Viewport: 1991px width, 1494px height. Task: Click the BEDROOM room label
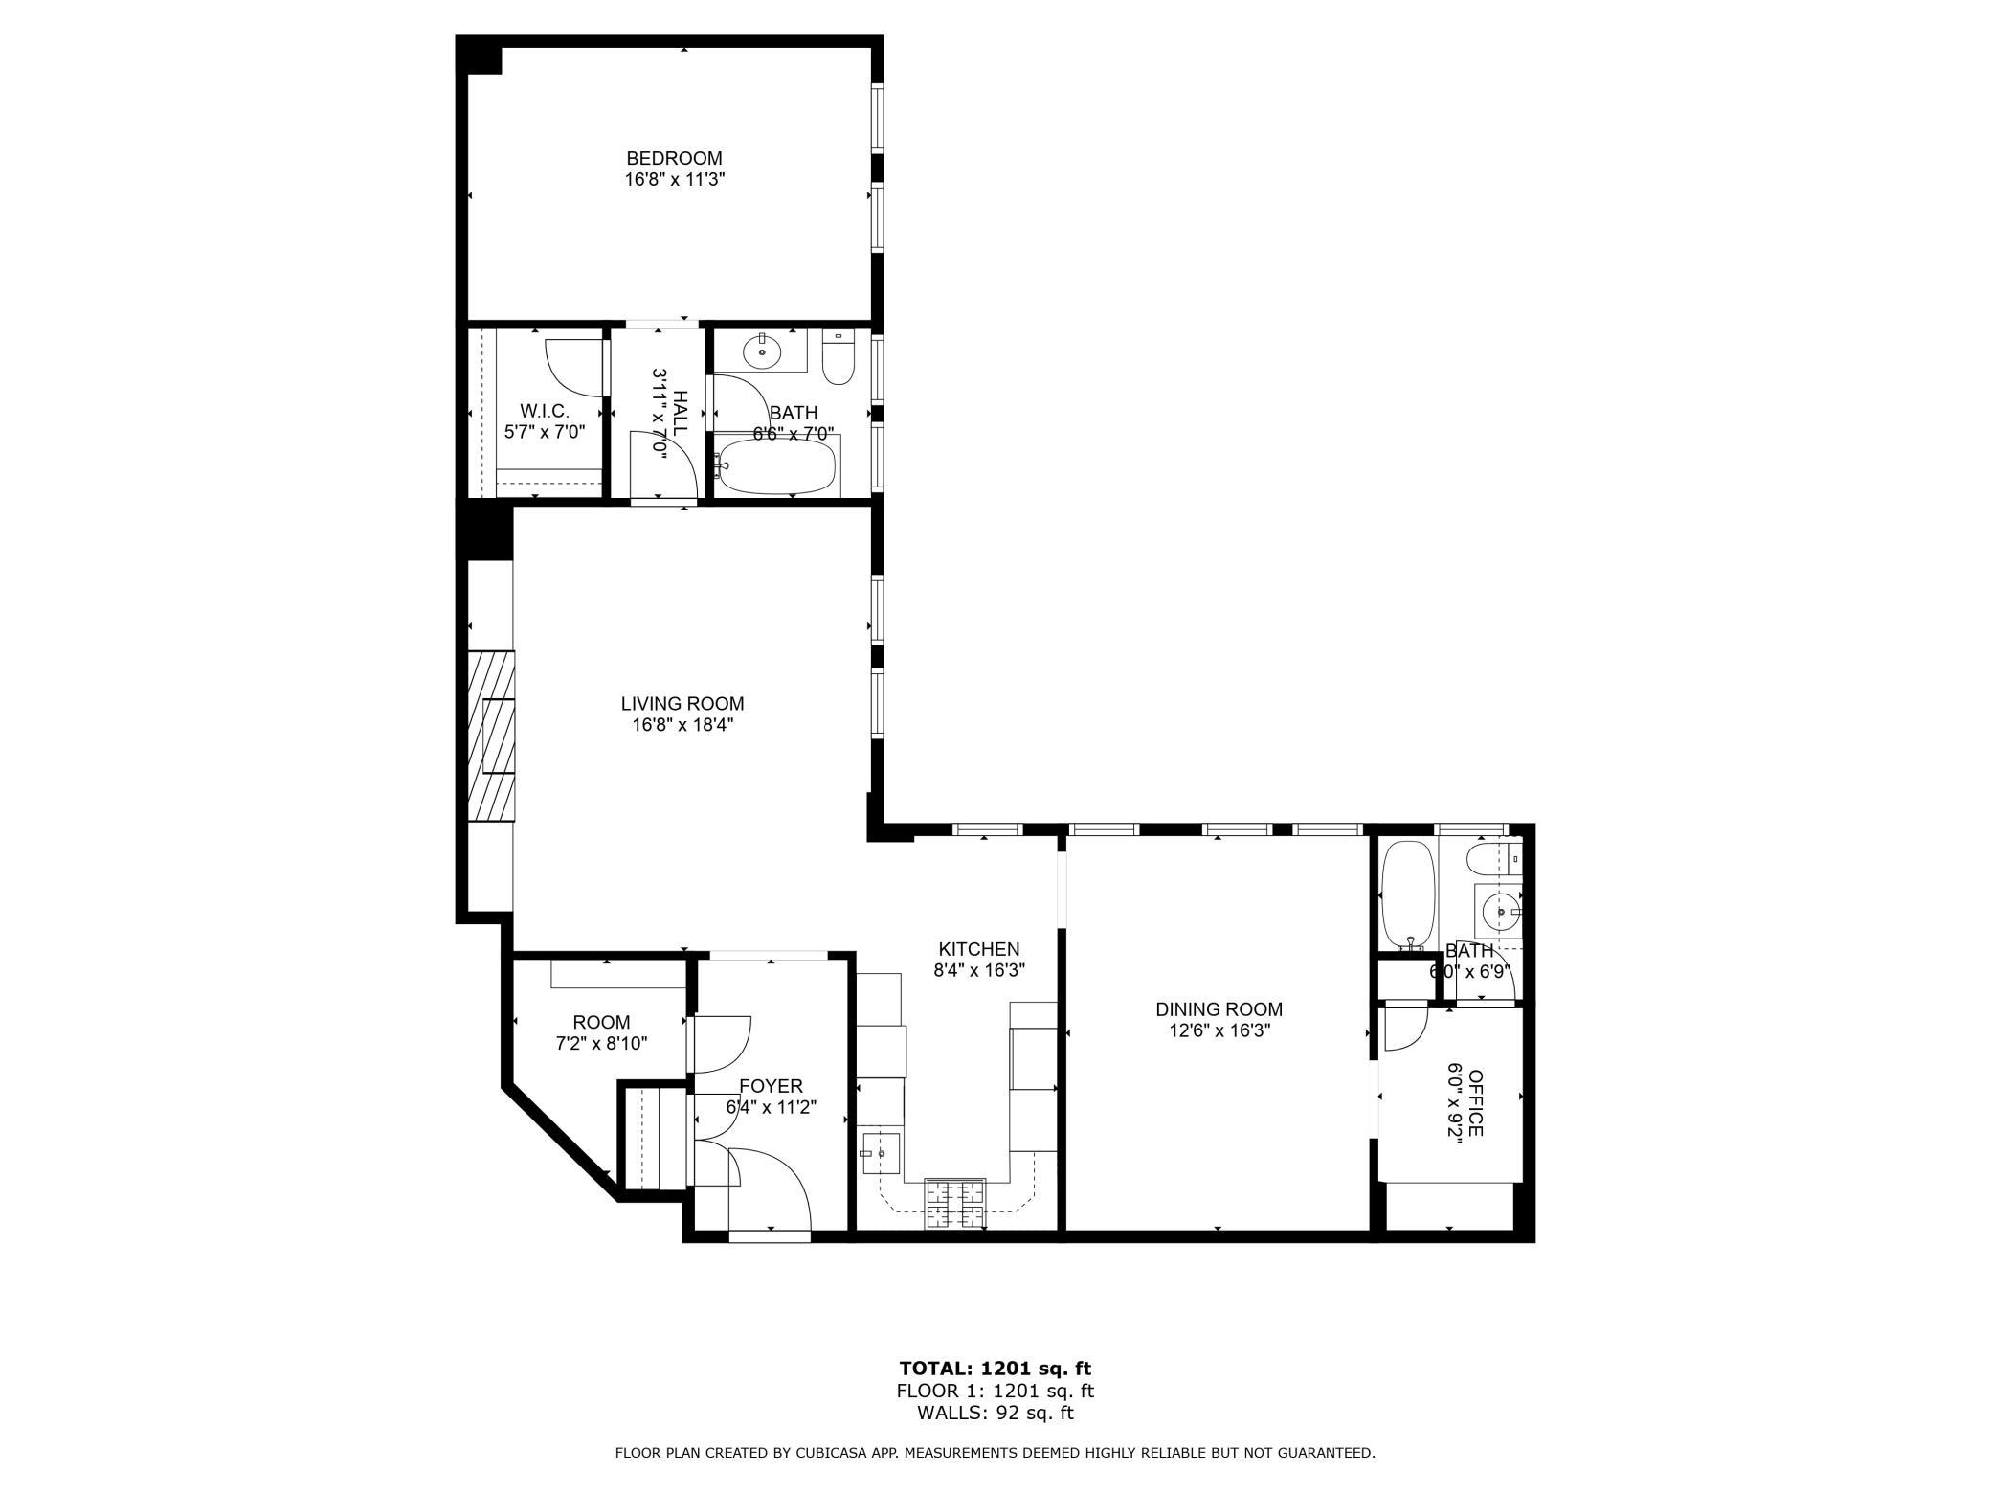point(674,158)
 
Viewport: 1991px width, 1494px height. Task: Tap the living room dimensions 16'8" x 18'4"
point(682,725)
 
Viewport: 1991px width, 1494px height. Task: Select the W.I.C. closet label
point(545,411)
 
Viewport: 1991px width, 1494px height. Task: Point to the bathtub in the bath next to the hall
point(776,466)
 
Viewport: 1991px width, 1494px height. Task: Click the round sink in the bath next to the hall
point(762,352)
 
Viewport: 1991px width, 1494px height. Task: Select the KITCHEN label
point(978,949)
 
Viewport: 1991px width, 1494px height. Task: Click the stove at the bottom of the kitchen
point(954,1204)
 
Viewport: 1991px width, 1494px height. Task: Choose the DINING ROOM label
point(1219,1009)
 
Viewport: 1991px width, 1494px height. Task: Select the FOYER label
point(771,1086)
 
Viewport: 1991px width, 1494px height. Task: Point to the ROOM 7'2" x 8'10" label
point(601,1023)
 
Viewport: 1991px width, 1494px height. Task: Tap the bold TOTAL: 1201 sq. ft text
point(995,1369)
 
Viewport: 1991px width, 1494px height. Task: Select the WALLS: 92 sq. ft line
point(995,1413)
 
